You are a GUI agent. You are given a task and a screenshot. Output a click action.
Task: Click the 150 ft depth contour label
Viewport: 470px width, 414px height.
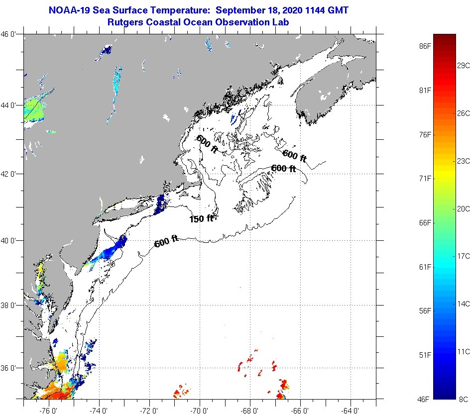201,218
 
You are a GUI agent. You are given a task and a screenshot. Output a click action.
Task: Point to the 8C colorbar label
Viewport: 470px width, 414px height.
464,399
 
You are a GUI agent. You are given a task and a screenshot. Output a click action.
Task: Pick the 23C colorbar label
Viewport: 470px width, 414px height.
464,161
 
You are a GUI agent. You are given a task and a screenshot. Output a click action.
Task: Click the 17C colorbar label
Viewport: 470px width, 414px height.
464,256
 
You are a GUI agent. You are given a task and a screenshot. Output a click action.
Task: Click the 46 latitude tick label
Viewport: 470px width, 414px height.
12,34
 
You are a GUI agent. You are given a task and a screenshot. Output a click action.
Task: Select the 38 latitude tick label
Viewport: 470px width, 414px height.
12,305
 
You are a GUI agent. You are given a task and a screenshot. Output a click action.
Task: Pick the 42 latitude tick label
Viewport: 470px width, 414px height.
12,174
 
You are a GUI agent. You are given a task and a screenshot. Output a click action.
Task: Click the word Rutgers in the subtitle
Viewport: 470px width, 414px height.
125,22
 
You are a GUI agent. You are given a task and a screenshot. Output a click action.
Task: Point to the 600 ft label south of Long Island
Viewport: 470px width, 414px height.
166,243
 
